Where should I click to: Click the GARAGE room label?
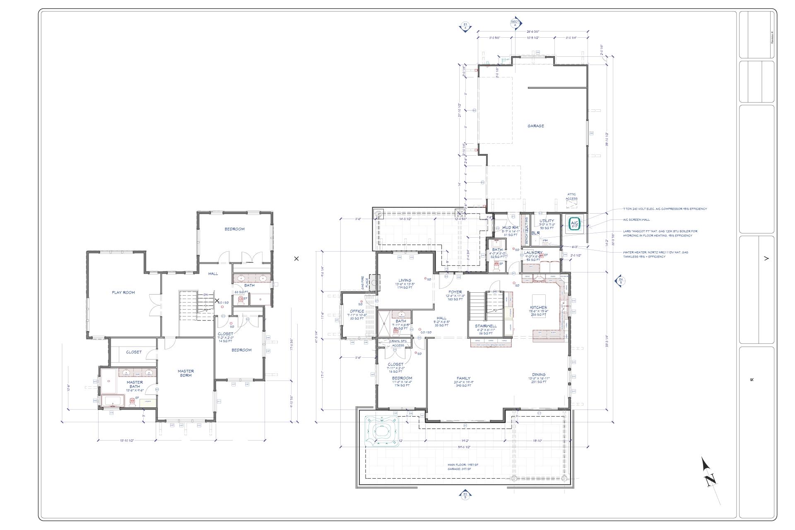[x=535, y=126]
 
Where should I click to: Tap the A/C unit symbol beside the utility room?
[x=575, y=224]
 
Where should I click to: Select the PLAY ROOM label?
[x=123, y=292]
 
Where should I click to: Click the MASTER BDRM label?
[x=185, y=373]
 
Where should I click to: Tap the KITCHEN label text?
[x=539, y=308]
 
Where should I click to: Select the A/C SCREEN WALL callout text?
[x=636, y=220]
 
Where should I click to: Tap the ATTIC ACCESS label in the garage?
[x=571, y=196]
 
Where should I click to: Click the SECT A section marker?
[x=515, y=23]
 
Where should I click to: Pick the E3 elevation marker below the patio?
[x=465, y=495]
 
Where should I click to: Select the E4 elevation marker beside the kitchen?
[x=620, y=281]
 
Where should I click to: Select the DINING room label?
[x=539, y=375]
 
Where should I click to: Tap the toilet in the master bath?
[x=132, y=401]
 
